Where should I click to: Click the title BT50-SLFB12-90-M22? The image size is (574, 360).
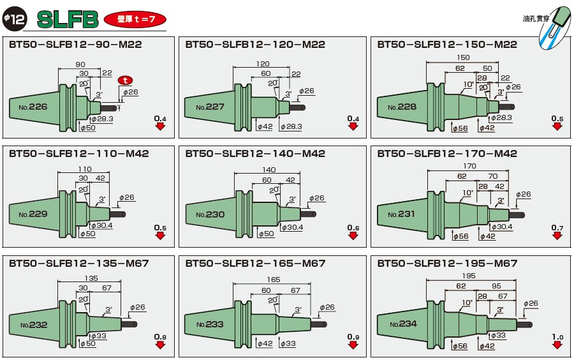(x=75, y=45)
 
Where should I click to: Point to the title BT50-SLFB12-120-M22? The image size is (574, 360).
(x=255, y=45)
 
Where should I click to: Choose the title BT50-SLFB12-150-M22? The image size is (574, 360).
(x=446, y=45)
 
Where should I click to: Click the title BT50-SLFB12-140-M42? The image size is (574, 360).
(x=255, y=154)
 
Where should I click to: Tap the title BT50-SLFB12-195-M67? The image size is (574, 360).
(x=446, y=264)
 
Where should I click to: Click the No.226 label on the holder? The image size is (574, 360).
(x=34, y=107)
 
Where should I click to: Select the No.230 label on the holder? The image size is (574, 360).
(x=210, y=214)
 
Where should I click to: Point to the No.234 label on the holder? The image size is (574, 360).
(x=402, y=324)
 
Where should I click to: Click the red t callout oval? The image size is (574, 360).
(x=126, y=80)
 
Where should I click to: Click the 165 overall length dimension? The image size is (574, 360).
(x=272, y=280)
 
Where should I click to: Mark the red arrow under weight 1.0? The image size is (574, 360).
(x=557, y=345)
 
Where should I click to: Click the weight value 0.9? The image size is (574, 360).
(x=353, y=336)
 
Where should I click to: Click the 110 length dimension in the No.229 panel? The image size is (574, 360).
(x=84, y=170)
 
